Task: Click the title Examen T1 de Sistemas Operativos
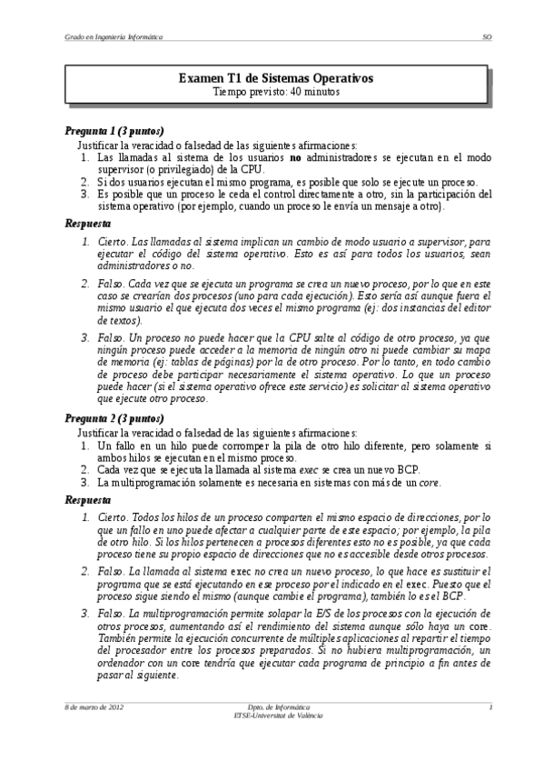point(275,79)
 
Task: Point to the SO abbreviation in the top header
point(487,38)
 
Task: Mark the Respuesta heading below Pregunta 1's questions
point(88,223)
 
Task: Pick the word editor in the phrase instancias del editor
point(473,308)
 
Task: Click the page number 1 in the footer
point(490,706)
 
